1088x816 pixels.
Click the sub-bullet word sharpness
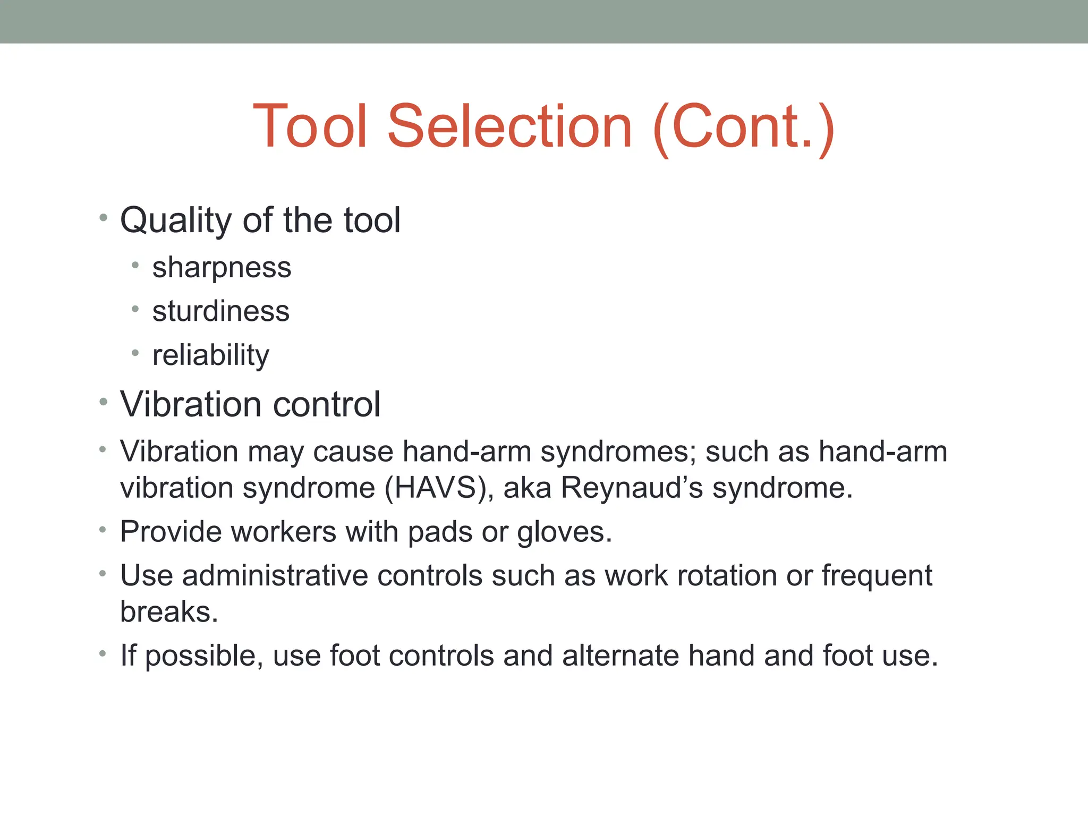pyautogui.click(x=222, y=267)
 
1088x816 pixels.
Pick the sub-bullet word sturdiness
pyautogui.click(x=220, y=311)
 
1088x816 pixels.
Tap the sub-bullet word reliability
pyautogui.click(x=210, y=355)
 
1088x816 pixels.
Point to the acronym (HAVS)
pyautogui.click(x=439, y=488)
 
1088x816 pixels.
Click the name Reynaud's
pyautogui.click(x=632, y=488)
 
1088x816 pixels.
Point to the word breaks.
pyautogui.click(x=169, y=611)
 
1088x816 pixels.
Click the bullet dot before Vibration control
pyautogui.click(x=103, y=402)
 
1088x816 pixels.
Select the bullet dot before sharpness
pyautogui.click(x=135, y=265)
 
